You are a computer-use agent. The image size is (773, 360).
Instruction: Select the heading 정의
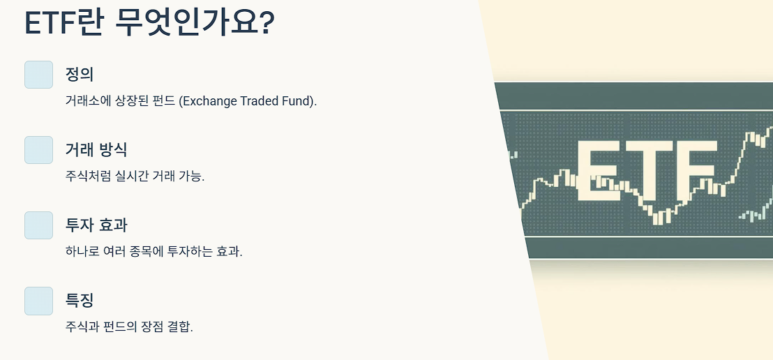[x=80, y=74]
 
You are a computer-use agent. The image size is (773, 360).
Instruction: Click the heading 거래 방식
[x=96, y=149]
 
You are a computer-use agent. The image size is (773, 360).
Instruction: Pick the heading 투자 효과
[x=96, y=225]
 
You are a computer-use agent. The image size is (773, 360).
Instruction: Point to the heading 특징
[x=80, y=300]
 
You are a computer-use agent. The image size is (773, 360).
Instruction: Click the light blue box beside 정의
[x=38, y=75]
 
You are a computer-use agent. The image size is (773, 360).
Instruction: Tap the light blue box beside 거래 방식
[x=38, y=150]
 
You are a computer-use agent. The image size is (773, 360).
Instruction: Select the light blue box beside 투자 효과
[x=38, y=225]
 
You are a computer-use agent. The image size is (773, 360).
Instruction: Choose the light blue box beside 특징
[x=38, y=301]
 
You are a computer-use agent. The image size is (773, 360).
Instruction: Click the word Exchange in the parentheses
[x=209, y=101]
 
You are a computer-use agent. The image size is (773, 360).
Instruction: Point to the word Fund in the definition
[x=299, y=101]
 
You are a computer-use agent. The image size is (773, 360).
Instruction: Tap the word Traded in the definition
[x=260, y=101]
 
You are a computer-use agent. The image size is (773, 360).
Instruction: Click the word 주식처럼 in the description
[x=87, y=176]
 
